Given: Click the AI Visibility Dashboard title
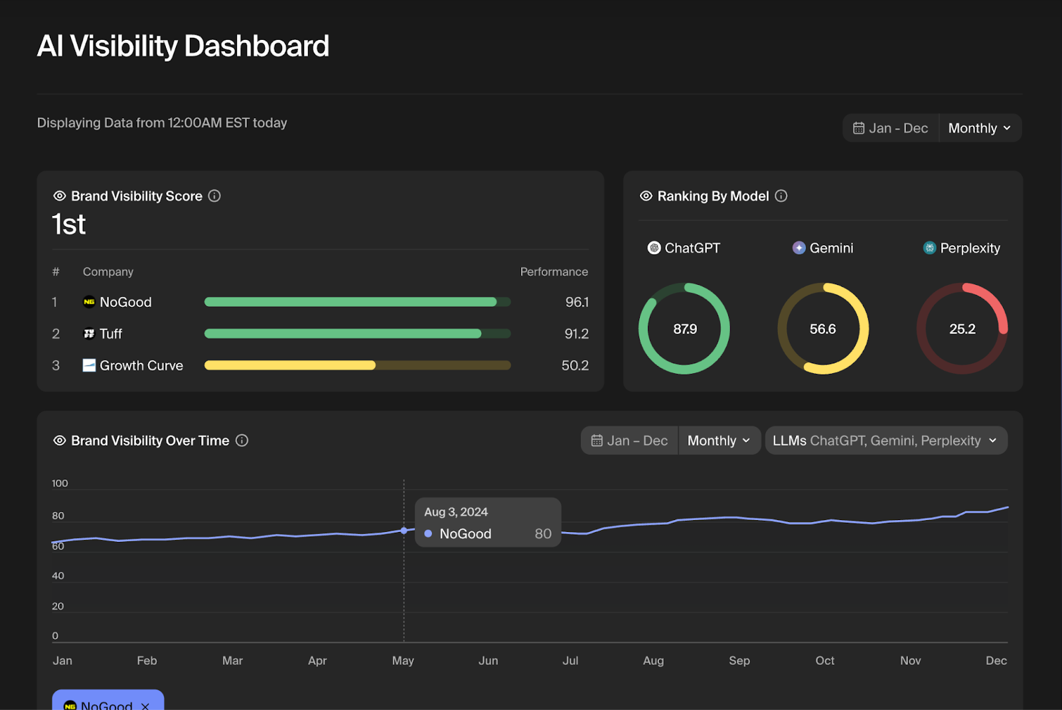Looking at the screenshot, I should (183, 46).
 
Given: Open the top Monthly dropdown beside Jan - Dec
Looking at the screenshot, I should (979, 128).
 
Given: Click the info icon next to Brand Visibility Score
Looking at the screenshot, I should (214, 196).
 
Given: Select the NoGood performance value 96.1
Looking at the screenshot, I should (577, 302).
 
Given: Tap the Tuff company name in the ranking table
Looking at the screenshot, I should (111, 334).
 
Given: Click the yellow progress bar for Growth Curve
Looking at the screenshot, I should (290, 365).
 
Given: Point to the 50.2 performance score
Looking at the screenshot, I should (575, 366).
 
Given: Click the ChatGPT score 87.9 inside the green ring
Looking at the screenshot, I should (684, 329).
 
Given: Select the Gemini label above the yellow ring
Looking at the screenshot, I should (831, 248).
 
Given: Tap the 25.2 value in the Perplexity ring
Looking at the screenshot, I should (962, 329).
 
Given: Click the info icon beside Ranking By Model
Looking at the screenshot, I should (781, 196).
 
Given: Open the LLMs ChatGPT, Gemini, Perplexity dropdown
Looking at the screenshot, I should (885, 441).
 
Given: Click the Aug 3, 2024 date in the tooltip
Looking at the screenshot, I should (456, 512).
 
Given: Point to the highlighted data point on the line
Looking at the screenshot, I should (404, 531).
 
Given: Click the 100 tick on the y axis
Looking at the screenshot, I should (60, 484).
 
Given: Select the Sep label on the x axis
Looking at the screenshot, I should (739, 661).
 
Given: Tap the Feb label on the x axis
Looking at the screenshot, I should (147, 661).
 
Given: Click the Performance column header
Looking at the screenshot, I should (554, 272).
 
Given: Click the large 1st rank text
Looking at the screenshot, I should (69, 224).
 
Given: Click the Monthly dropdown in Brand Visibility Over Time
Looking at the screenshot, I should (719, 441).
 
